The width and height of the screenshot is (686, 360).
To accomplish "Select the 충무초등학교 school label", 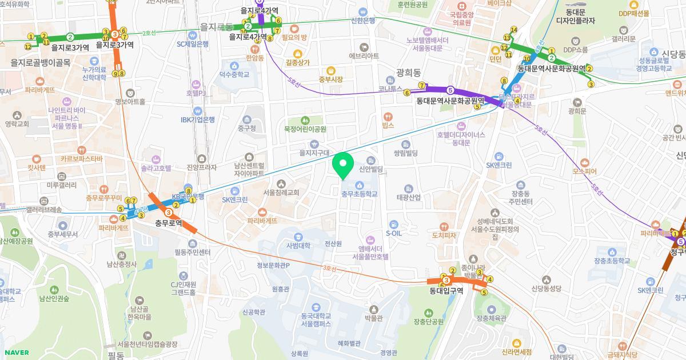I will (x=360, y=194).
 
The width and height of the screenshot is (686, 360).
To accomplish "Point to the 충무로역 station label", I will (x=169, y=223).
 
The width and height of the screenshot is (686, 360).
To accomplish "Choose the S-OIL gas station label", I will (x=393, y=233).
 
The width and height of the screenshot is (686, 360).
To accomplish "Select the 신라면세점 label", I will (x=516, y=351).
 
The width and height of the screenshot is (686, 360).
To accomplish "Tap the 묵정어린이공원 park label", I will (x=305, y=129).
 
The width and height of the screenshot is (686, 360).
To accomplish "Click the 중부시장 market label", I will (x=330, y=79).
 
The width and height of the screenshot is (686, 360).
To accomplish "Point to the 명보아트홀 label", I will (x=130, y=102).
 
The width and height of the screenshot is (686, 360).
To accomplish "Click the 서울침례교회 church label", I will (x=281, y=193).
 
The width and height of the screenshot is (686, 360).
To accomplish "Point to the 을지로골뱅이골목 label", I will (x=41, y=62).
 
